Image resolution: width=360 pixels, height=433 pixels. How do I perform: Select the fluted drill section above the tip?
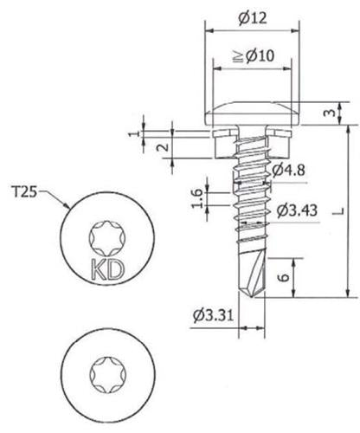coord(251,268)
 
